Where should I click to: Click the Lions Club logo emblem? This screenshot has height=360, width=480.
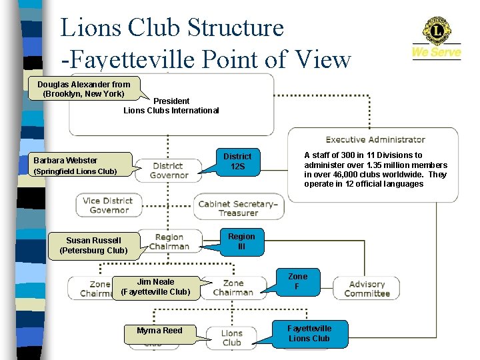coord(437,31)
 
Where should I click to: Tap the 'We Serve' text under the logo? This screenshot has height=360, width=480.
coord(437,52)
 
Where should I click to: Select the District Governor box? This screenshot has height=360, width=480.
coord(169,171)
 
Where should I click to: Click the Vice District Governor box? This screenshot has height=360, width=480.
coord(108,205)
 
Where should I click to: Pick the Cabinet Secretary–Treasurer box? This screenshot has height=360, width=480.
coord(238,208)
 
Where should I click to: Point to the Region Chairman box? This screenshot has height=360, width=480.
coord(169,241)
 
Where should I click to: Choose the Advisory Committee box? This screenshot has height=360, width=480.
coord(367,289)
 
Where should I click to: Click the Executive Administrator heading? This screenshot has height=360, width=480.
coord(375,139)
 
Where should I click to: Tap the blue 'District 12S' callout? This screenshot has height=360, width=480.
coord(237,161)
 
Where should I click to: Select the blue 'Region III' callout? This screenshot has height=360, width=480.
coord(241,241)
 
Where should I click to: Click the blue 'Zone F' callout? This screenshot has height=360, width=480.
coord(297,281)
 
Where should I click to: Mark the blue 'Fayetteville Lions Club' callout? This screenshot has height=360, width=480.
coord(309,333)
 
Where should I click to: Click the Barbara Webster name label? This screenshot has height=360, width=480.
coord(65,160)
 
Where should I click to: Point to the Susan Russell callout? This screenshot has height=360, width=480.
coord(93,245)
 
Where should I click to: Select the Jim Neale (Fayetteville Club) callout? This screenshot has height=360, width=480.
coord(156,287)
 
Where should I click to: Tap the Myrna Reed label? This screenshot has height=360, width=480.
coord(159,331)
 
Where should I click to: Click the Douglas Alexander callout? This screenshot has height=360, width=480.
coord(84,89)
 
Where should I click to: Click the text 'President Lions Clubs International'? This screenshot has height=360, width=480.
coord(171,105)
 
